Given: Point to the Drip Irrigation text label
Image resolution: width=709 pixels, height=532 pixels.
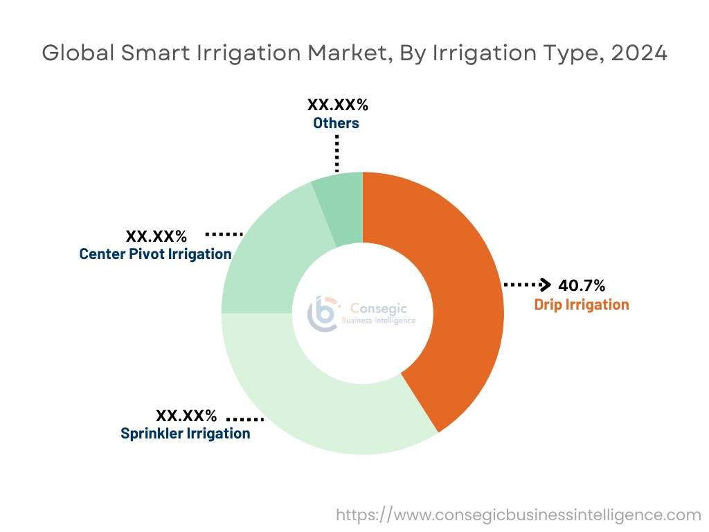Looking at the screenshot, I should tap(582, 304).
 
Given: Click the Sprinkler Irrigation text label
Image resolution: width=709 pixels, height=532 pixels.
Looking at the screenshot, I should tap(186, 434).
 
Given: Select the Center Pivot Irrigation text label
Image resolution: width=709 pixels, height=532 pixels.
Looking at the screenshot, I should tap(155, 254).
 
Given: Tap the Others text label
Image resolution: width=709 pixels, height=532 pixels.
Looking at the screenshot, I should tap(336, 123).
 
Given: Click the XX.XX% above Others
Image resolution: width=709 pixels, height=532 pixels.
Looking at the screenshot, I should tap(337, 105).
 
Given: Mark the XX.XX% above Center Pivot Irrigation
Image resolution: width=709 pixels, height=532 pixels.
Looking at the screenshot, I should tap(156, 236).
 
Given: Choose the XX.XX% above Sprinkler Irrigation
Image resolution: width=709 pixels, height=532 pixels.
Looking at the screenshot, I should tap(186, 416).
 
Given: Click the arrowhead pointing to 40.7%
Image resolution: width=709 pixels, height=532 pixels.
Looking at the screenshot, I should tap(546, 285).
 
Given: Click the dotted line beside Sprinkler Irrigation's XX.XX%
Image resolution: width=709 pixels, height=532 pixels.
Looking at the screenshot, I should tap(245, 419).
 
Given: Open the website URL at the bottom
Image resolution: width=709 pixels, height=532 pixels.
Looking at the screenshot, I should tap(519, 515).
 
